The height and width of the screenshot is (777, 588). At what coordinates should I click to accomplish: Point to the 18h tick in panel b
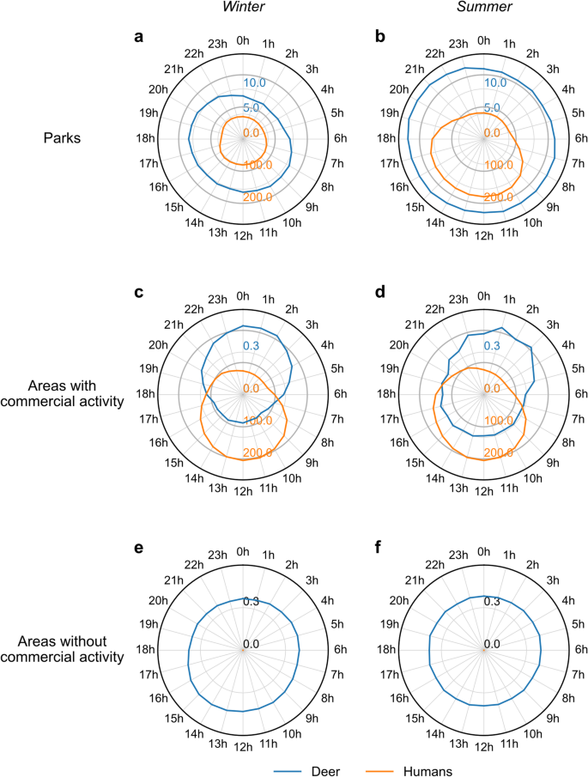(385, 137)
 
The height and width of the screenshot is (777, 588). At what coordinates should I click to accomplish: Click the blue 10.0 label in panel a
(254, 83)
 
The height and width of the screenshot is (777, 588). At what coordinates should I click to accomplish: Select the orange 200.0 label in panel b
(498, 197)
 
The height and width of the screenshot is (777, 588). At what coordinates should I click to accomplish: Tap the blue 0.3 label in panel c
(251, 345)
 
